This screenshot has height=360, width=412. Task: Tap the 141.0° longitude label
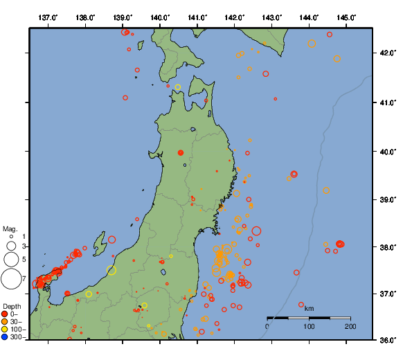[x=197, y=17]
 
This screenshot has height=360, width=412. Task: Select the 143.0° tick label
[x=272, y=17]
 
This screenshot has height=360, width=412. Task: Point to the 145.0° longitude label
[x=347, y=17]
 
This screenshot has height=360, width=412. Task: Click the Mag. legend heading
[x=10, y=228]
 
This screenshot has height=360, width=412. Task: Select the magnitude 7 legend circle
[x=11, y=279]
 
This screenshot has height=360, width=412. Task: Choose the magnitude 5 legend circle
[x=11, y=260]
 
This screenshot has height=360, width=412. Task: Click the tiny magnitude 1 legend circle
[x=11, y=237]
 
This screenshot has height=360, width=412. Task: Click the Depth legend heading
[x=11, y=306]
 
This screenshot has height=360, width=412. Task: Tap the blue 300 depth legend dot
[x=5, y=337]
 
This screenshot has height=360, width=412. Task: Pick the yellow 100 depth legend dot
[x=5, y=330]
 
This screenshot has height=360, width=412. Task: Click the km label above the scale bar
[x=309, y=308]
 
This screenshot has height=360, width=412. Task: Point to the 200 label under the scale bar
[x=350, y=326]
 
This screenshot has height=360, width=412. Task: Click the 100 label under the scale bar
[x=309, y=326]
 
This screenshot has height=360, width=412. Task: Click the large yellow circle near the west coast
[x=111, y=271]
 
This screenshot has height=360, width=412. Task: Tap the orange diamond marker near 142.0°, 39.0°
[x=236, y=194]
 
